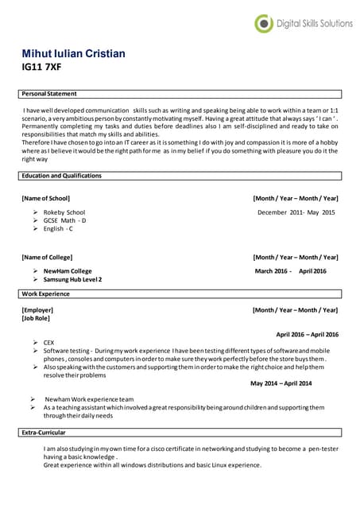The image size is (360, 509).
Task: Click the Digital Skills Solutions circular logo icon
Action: coord(263,24)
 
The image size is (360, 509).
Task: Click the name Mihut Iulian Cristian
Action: coord(73,53)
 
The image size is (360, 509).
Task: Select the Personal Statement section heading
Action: coord(49,95)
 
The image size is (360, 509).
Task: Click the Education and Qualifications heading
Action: coord(62,175)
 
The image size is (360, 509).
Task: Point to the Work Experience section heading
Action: coord(45,294)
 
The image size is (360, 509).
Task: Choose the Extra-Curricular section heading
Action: coord(44,433)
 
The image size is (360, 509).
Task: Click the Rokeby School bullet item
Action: coord(64,212)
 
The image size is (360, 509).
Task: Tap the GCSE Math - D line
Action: coord(64,220)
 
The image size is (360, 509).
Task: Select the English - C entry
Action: coord(58,229)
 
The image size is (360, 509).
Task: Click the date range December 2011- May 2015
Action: coord(296,212)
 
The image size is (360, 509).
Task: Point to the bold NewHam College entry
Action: coord(68,271)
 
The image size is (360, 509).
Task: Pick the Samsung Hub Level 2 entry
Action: coord(72,280)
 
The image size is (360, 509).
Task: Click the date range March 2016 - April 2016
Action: coord(290,271)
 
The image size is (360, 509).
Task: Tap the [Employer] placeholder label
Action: coord(37,309)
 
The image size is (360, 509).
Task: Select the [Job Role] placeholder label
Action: coord(36,318)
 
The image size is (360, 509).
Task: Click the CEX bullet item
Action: coord(49,342)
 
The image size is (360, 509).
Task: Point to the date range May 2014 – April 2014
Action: coord(281,383)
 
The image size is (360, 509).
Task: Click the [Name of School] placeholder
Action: coord(46,198)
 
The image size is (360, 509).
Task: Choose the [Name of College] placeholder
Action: coord(47,257)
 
